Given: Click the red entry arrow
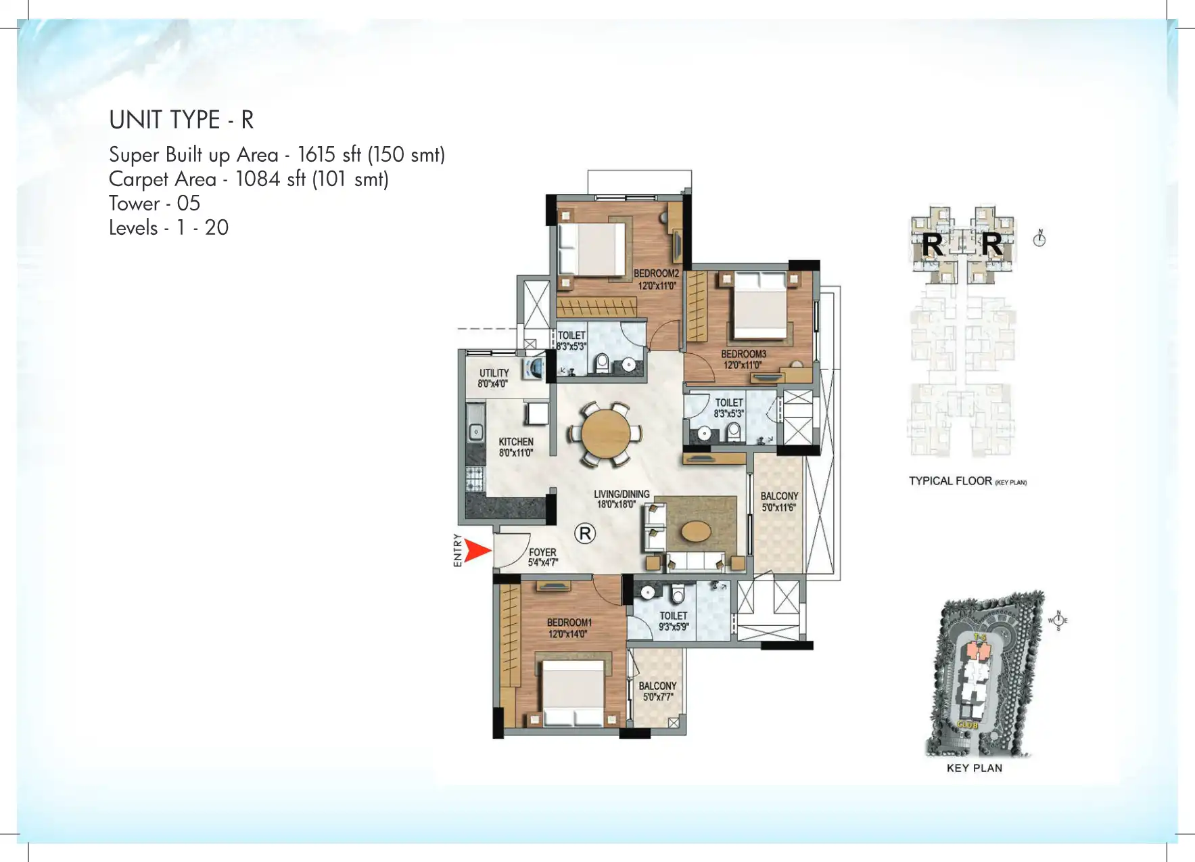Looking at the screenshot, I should pyautogui.click(x=478, y=551).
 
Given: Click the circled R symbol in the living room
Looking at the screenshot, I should pyautogui.click(x=585, y=533).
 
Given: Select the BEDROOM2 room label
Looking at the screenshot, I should pyautogui.click(x=656, y=279).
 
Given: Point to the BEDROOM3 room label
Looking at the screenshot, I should pyautogui.click(x=743, y=359).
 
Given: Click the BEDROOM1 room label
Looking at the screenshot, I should pyautogui.click(x=569, y=628).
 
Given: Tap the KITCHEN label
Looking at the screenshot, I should pyautogui.click(x=516, y=447).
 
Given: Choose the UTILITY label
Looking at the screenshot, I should pyautogui.click(x=494, y=378).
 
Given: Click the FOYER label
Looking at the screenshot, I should pyautogui.click(x=542, y=557).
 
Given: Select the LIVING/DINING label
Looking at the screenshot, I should pyautogui.click(x=621, y=499).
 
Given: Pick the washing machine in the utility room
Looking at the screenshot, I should pyautogui.click(x=534, y=369).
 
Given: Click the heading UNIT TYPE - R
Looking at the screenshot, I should pyautogui.click(x=181, y=120).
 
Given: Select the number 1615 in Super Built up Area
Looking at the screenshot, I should pyautogui.click(x=317, y=154).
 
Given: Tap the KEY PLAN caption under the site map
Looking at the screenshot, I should pyautogui.click(x=974, y=768).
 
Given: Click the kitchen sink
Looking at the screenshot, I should pyautogui.click(x=476, y=430).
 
